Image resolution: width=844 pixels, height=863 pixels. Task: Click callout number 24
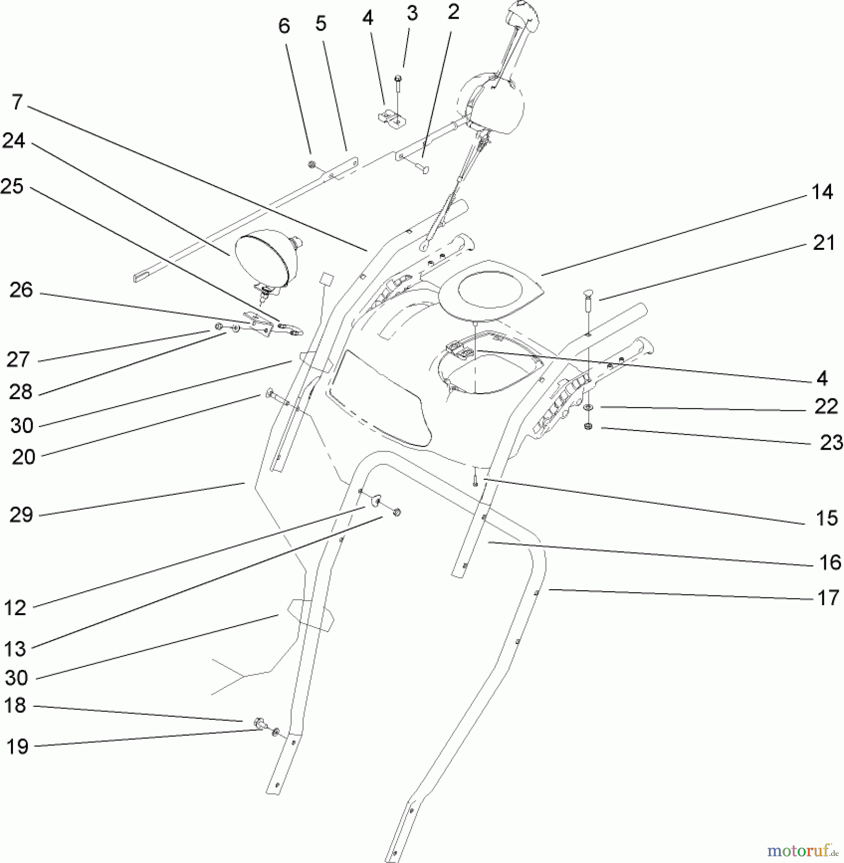(14, 142)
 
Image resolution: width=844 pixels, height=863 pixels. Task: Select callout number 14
(822, 192)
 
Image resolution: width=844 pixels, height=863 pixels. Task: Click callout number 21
(824, 243)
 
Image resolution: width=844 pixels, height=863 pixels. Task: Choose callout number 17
(828, 598)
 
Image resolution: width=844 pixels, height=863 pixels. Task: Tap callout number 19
(17, 746)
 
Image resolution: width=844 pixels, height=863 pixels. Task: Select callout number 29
(21, 515)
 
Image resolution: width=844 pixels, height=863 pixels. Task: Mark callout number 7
(18, 102)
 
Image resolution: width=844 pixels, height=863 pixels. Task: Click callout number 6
(284, 26)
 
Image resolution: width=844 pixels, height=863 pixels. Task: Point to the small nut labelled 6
(311, 165)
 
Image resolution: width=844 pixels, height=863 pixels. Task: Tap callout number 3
(412, 13)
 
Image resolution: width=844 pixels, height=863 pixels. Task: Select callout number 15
(827, 518)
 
